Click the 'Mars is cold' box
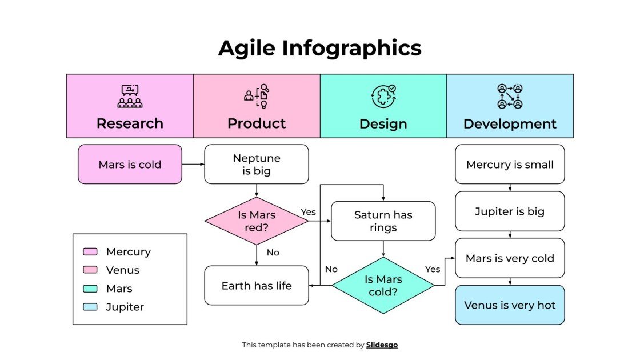click(x=130, y=164)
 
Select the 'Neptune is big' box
click(x=256, y=164)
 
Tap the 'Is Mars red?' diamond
click(x=256, y=221)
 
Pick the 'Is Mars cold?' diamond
click(x=383, y=285)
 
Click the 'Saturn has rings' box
click(x=383, y=221)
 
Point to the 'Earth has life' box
click(x=256, y=285)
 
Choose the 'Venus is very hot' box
click(x=510, y=305)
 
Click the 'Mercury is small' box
click(x=510, y=164)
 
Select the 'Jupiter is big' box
click(x=510, y=211)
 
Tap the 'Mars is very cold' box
click(x=510, y=258)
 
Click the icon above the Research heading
click(x=130, y=96)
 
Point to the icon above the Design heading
click(x=383, y=96)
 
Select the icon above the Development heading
click(x=510, y=96)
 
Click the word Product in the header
click(x=257, y=123)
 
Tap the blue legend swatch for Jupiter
click(x=90, y=307)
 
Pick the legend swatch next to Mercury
click(x=90, y=251)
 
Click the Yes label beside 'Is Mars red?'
click(x=308, y=212)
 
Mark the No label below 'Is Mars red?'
click(x=273, y=252)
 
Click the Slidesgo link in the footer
click(x=382, y=345)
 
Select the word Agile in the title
click(x=247, y=48)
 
